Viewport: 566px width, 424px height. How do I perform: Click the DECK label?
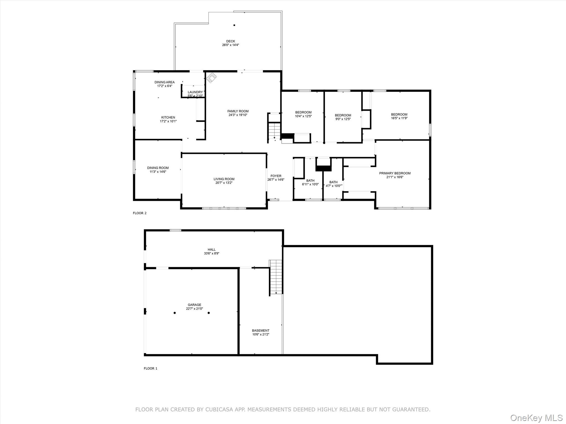(230, 41)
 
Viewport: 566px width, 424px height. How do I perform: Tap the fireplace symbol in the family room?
(211, 78)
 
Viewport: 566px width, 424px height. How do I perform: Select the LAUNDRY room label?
(195, 92)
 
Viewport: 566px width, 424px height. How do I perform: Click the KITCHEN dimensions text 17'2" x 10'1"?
(168, 121)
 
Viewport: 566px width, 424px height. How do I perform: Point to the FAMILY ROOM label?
(238, 111)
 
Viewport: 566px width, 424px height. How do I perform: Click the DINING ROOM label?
(158, 168)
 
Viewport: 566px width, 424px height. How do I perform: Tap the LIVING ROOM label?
(224, 179)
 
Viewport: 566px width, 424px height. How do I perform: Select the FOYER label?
(276, 176)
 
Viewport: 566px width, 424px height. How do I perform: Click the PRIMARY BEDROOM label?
(395, 173)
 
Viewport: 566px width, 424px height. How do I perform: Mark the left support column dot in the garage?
(175, 313)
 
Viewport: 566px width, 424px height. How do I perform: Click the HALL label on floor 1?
(211, 250)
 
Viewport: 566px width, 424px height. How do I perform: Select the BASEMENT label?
(260, 330)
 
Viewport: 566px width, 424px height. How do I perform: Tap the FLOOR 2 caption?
(140, 213)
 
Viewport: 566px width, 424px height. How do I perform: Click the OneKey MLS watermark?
(536, 418)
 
